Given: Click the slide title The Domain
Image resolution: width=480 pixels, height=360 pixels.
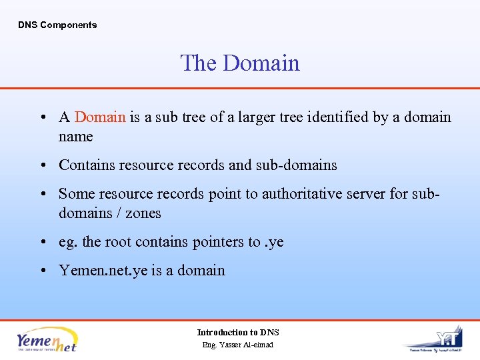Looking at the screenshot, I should [x=240, y=63].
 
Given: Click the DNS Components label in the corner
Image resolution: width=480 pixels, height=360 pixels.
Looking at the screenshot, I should [x=57, y=25].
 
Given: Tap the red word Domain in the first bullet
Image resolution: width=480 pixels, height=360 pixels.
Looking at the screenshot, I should [x=100, y=117].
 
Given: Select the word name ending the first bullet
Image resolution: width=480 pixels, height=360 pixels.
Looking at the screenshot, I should [x=75, y=137].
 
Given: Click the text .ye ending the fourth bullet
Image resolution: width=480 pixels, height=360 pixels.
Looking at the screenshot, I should [x=275, y=242].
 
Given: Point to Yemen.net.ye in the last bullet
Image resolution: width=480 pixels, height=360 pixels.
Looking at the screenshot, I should [x=103, y=271].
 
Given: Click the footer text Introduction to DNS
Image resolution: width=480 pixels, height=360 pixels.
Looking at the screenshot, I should [x=238, y=332].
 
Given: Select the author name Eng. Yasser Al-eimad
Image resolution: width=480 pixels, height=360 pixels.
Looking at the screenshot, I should [x=238, y=345].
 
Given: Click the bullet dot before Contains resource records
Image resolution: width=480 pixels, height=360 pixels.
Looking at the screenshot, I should [x=42, y=165].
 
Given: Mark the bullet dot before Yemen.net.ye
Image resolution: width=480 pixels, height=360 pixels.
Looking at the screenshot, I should [x=42, y=271].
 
